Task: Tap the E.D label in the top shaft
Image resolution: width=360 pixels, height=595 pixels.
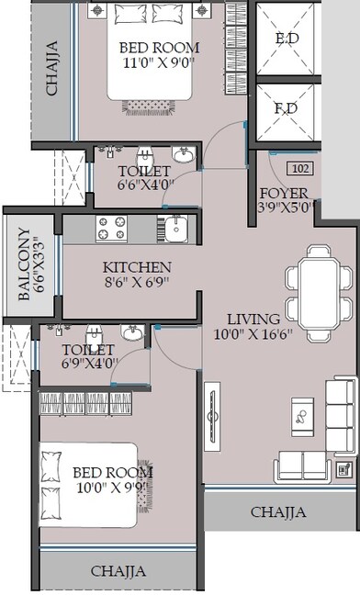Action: coord(285,39)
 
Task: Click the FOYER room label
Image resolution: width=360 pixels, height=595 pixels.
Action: coord(284,193)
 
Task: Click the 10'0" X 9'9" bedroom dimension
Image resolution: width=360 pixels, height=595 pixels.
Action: coord(112,489)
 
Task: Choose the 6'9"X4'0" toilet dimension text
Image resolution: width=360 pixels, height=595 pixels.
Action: coord(89,363)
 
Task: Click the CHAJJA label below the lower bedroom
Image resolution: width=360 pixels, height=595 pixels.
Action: coord(118,571)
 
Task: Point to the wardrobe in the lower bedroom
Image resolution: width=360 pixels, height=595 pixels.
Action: coord(87,401)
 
